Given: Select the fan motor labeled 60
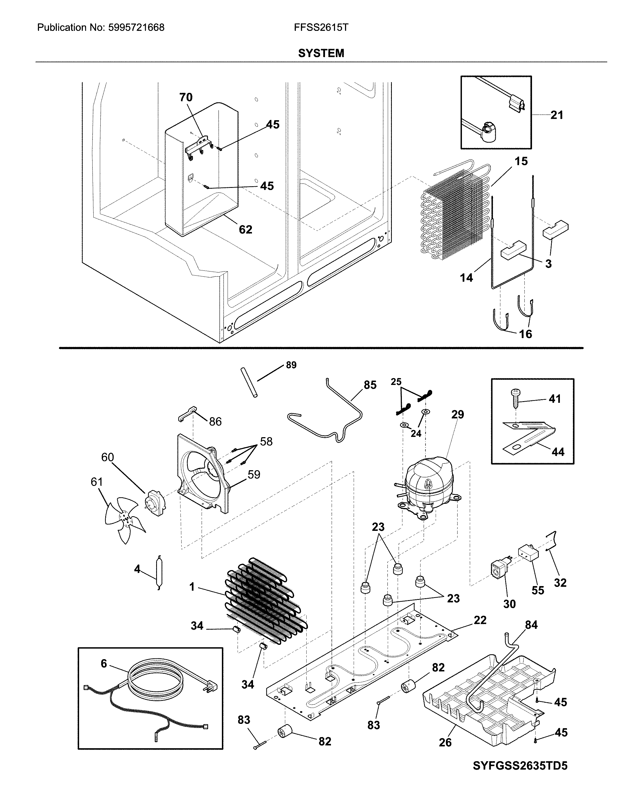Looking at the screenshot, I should tap(156, 504).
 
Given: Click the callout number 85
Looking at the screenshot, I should tap(370, 385).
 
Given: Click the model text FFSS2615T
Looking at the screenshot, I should tap(321, 28).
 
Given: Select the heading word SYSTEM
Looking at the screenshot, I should tap(321, 54).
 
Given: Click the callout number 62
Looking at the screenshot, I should tap(245, 230).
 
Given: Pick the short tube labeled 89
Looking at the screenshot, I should tap(249, 383).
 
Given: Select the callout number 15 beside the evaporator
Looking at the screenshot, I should tap(521, 161).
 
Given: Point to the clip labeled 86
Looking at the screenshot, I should tap(187, 414).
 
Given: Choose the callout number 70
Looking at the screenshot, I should tap(186, 97).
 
